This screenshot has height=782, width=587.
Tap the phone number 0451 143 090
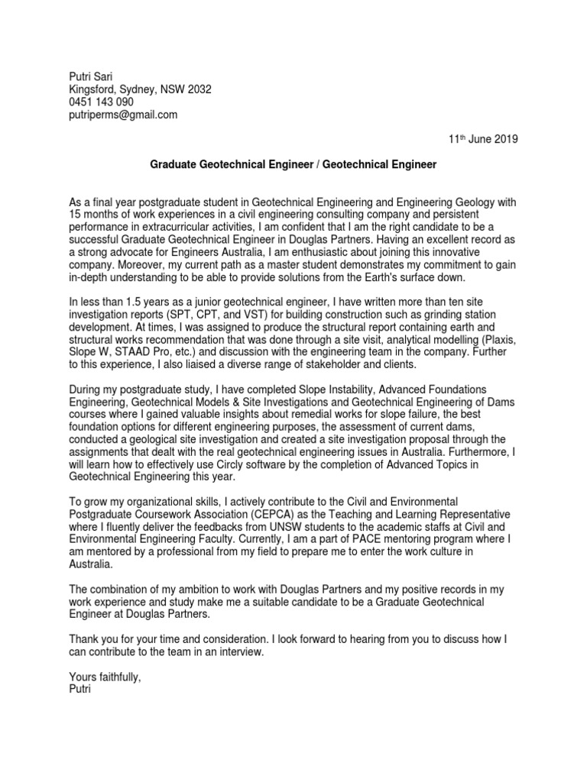pos(101,102)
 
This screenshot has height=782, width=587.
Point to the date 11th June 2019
pos(482,139)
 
